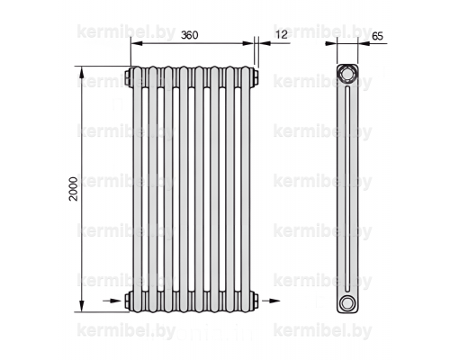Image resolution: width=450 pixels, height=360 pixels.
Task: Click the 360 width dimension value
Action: click(x=190, y=35)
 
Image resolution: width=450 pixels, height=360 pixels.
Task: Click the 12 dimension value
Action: click(x=282, y=34)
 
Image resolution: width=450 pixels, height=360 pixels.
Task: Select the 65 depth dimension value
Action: click(x=378, y=36)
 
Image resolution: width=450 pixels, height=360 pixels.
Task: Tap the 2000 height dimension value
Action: click(x=73, y=189)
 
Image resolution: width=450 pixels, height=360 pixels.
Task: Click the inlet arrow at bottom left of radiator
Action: click(x=112, y=301)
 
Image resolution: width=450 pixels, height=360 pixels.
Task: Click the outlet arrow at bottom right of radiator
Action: click(x=271, y=301)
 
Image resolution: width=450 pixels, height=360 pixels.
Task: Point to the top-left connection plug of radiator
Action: click(x=128, y=77)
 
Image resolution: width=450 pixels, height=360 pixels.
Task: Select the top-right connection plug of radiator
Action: click(x=255, y=77)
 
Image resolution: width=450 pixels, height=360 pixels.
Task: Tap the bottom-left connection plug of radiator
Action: click(x=128, y=301)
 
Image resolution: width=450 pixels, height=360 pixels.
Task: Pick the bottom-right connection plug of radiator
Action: click(x=255, y=301)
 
